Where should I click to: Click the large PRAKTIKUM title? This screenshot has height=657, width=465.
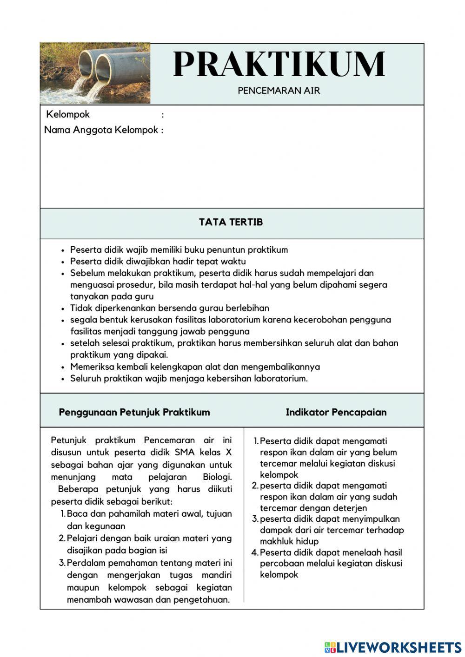(x=279, y=64)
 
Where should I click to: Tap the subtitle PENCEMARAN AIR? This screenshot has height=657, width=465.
(x=279, y=91)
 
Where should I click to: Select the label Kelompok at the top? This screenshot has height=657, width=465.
(x=68, y=114)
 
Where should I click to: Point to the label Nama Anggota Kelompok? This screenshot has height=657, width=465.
(x=101, y=130)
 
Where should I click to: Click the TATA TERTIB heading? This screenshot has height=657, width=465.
(x=231, y=222)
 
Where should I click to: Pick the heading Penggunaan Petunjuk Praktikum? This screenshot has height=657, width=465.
(x=134, y=412)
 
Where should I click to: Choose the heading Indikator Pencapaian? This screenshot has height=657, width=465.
(x=336, y=412)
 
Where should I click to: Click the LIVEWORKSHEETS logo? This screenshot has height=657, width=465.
(x=393, y=647)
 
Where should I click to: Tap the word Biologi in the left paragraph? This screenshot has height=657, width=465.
(x=217, y=477)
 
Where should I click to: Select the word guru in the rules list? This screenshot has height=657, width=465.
(x=144, y=296)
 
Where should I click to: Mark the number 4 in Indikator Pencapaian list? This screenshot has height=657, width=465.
(x=254, y=552)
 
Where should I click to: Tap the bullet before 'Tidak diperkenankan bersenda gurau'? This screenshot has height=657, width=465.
(x=63, y=309)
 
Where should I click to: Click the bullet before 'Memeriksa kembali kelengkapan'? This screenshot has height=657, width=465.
(x=63, y=367)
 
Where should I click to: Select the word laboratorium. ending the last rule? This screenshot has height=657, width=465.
(x=281, y=378)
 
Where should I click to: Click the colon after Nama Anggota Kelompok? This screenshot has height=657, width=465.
(x=162, y=131)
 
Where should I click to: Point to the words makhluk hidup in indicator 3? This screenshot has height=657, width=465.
(x=289, y=541)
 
